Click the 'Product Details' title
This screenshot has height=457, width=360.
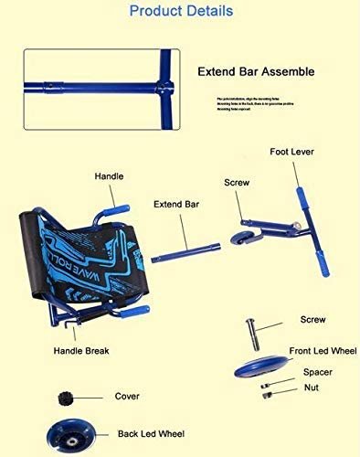coord(179,12)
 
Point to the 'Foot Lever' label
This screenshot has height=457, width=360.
coord(292,152)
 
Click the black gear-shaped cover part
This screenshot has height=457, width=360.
coord(65,399)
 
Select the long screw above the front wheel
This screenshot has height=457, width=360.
coord(252,324)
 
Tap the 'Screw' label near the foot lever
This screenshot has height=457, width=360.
coord(236,183)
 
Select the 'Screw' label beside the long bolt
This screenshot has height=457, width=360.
coord(313,320)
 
